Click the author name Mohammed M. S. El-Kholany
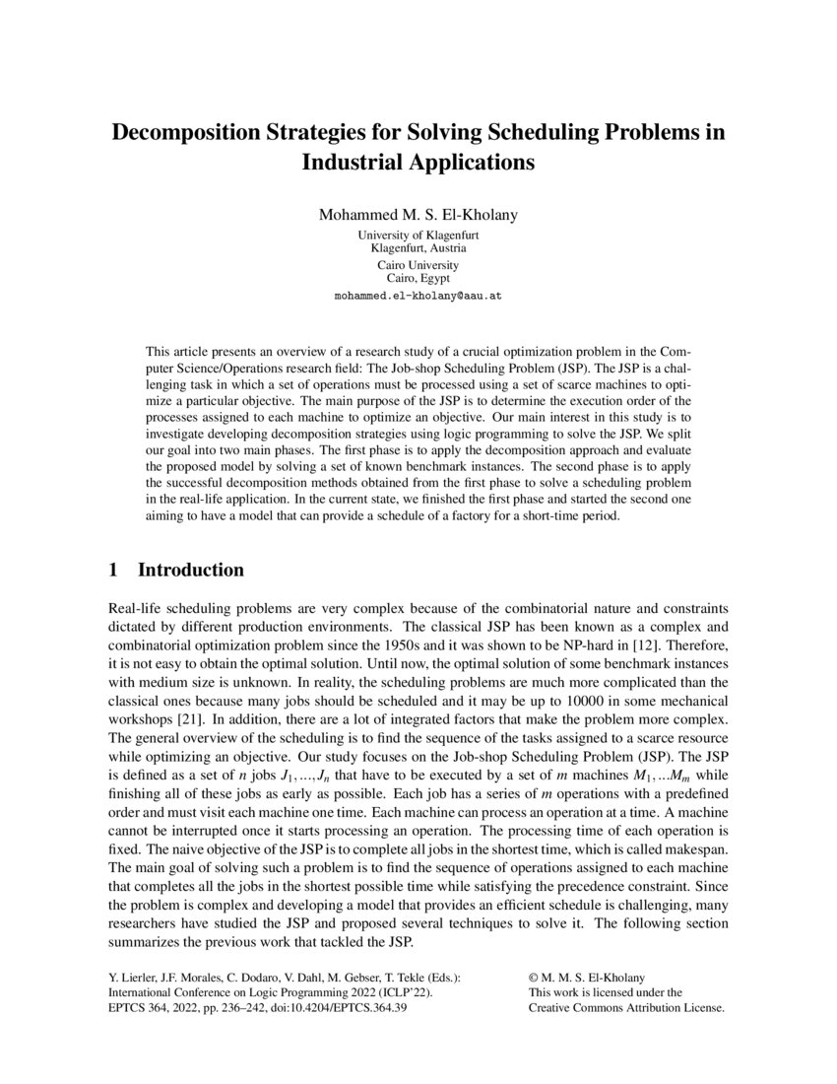418,214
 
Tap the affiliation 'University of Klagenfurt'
418,236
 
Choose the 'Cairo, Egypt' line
418,278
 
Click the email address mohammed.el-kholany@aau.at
418,295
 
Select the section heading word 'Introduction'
190,571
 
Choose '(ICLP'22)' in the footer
404,994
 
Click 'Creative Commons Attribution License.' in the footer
626,1009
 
